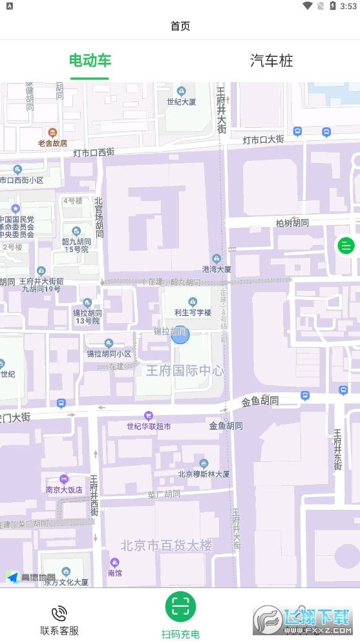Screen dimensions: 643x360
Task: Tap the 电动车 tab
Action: [90, 61]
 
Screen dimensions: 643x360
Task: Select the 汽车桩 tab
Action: [271, 61]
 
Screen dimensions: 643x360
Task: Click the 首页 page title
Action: [180, 26]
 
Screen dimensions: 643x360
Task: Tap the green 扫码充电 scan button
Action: [180, 606]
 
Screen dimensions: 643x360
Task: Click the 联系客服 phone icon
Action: [59, 613]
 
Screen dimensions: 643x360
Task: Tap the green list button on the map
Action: [346, 246]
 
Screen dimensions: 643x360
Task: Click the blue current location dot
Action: [180, 335]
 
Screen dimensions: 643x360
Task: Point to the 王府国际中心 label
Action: [184, 370]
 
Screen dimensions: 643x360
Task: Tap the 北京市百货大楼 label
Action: [166, 545]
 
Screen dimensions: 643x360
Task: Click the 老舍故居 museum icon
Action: [52, 132]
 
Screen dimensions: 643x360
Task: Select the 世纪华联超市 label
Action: [149, 426]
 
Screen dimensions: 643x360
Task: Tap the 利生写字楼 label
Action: [193, 312]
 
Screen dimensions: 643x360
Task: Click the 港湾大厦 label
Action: [217, 269]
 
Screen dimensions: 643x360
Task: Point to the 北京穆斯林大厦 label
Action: [204, 474]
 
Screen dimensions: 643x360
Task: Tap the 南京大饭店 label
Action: [64, 489]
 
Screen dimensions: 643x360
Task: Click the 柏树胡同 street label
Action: [292, 223]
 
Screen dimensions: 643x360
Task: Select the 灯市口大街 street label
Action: [263, 139]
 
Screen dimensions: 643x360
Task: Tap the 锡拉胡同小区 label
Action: [109, 353]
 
